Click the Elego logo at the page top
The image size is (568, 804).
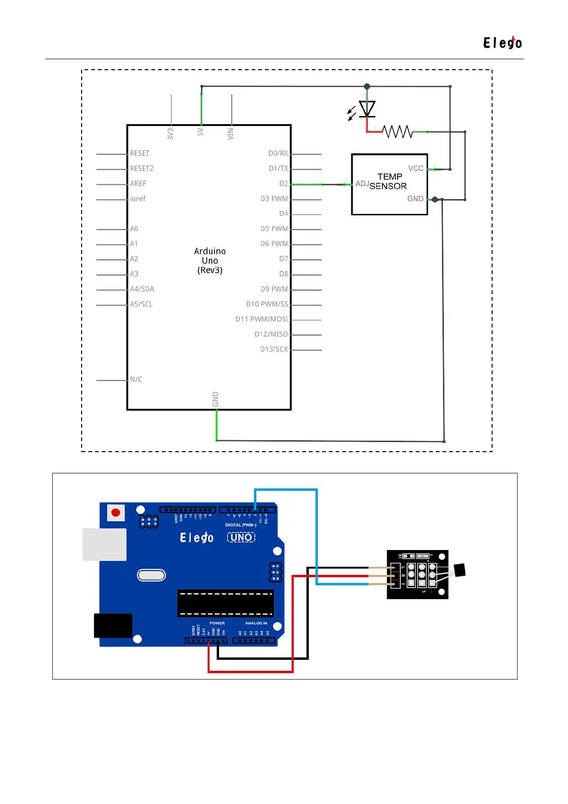[502, 43]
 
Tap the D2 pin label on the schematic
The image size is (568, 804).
[284, 184]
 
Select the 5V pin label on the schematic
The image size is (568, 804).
[200, 132]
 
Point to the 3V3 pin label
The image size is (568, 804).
[170, 134]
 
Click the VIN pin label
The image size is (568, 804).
[231, 134]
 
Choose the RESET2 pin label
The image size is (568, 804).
[142, 169]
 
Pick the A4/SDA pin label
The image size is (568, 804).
[142, 289]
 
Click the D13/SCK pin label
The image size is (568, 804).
[274, 349]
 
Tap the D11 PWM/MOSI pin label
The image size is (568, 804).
[262, 319]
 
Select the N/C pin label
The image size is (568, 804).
[137, 380]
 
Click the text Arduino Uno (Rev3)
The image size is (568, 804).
[210, 261]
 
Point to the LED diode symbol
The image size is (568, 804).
[367, 109]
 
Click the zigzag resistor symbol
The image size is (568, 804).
[397, 131]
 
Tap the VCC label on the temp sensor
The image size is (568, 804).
[416, 169]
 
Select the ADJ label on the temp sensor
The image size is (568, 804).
[362, 184]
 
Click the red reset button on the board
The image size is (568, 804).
[116, 513]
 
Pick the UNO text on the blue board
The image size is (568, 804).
[241, 538]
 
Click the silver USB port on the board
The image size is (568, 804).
[105, 544]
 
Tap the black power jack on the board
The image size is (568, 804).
[113, 625]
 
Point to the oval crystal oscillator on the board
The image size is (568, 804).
[151, 575]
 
